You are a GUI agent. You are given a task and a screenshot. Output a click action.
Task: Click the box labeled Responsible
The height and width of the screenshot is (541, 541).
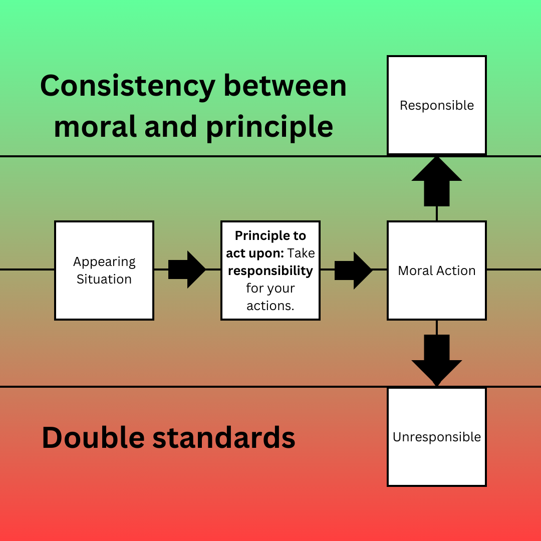click(x=437, y=105)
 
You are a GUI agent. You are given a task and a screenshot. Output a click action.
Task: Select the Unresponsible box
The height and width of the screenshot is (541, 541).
click(x=437, y=437)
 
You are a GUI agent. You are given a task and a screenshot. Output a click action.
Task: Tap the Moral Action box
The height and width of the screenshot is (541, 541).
click(x=437, y=270)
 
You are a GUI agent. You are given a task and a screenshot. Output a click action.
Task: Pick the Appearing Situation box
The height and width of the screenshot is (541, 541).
click(x=104, y=270)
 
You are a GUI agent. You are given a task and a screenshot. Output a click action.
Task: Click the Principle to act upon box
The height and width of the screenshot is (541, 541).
click(x=270, y=270)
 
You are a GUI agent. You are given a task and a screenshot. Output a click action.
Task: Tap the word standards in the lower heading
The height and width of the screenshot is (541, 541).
click(x=224, y=437)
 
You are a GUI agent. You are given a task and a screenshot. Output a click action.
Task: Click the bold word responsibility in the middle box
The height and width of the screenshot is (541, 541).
click(x=270, y=270)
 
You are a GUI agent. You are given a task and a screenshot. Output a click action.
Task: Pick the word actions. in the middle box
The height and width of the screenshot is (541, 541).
click(x=270, y=306)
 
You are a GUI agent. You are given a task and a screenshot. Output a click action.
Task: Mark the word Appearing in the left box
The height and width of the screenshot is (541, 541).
click(x=104, y=262)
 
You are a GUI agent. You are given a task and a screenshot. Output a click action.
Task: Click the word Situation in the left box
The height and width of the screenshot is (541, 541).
click(x=104, y=279)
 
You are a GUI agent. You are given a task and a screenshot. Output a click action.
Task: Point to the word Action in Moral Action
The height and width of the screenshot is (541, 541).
click(x=455, y=270)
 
